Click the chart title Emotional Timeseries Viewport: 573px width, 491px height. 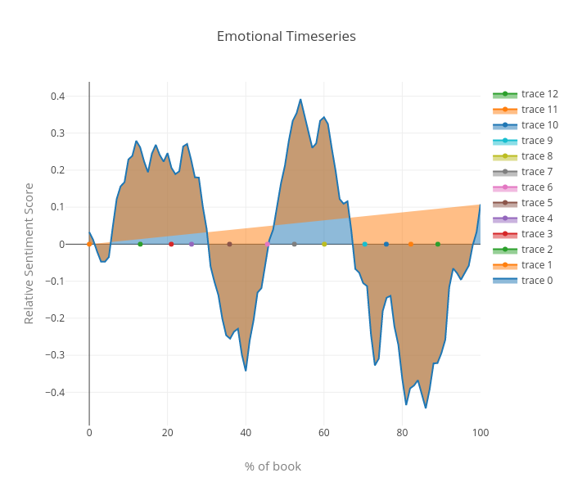(286, 37)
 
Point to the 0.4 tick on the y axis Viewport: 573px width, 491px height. (58, 97)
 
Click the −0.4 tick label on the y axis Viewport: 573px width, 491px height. (56, 392)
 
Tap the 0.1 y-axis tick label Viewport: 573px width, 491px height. (58, 207)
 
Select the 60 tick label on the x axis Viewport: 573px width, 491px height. (324, 432)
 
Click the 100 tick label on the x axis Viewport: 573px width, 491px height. (481, 432)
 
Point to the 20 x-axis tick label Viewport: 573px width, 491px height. (168, 432)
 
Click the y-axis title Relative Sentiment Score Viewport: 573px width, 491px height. (29, 253)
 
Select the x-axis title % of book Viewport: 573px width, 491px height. (273, 466)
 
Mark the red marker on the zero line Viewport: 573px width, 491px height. (171, 244)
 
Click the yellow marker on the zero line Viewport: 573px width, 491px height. (324, 244)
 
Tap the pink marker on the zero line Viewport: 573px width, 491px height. (268, 244)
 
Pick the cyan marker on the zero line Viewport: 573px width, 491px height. (364, 244)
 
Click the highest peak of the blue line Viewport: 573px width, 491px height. (300, 100)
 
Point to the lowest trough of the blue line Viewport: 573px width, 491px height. (426, 408)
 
